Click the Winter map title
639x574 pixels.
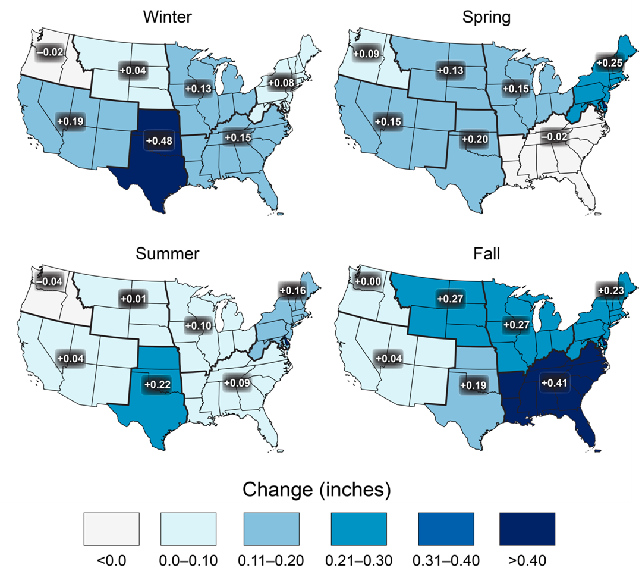click(x=167, y=17)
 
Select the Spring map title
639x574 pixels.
click(x=486, y=17)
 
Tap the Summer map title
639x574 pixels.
click(x=167, y=254)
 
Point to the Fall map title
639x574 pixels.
click(x=486, y=254)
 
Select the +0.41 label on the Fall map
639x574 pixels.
click(x=555, y=382)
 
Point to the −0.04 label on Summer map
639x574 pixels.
click(x=49, y=281)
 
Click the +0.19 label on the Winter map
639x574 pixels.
click(x=71, y=121)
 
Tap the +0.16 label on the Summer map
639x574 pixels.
click(x=292, y=291)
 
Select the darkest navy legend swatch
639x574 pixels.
click(x=527, y=529)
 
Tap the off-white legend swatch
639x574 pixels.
click(x=112, y=529)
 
